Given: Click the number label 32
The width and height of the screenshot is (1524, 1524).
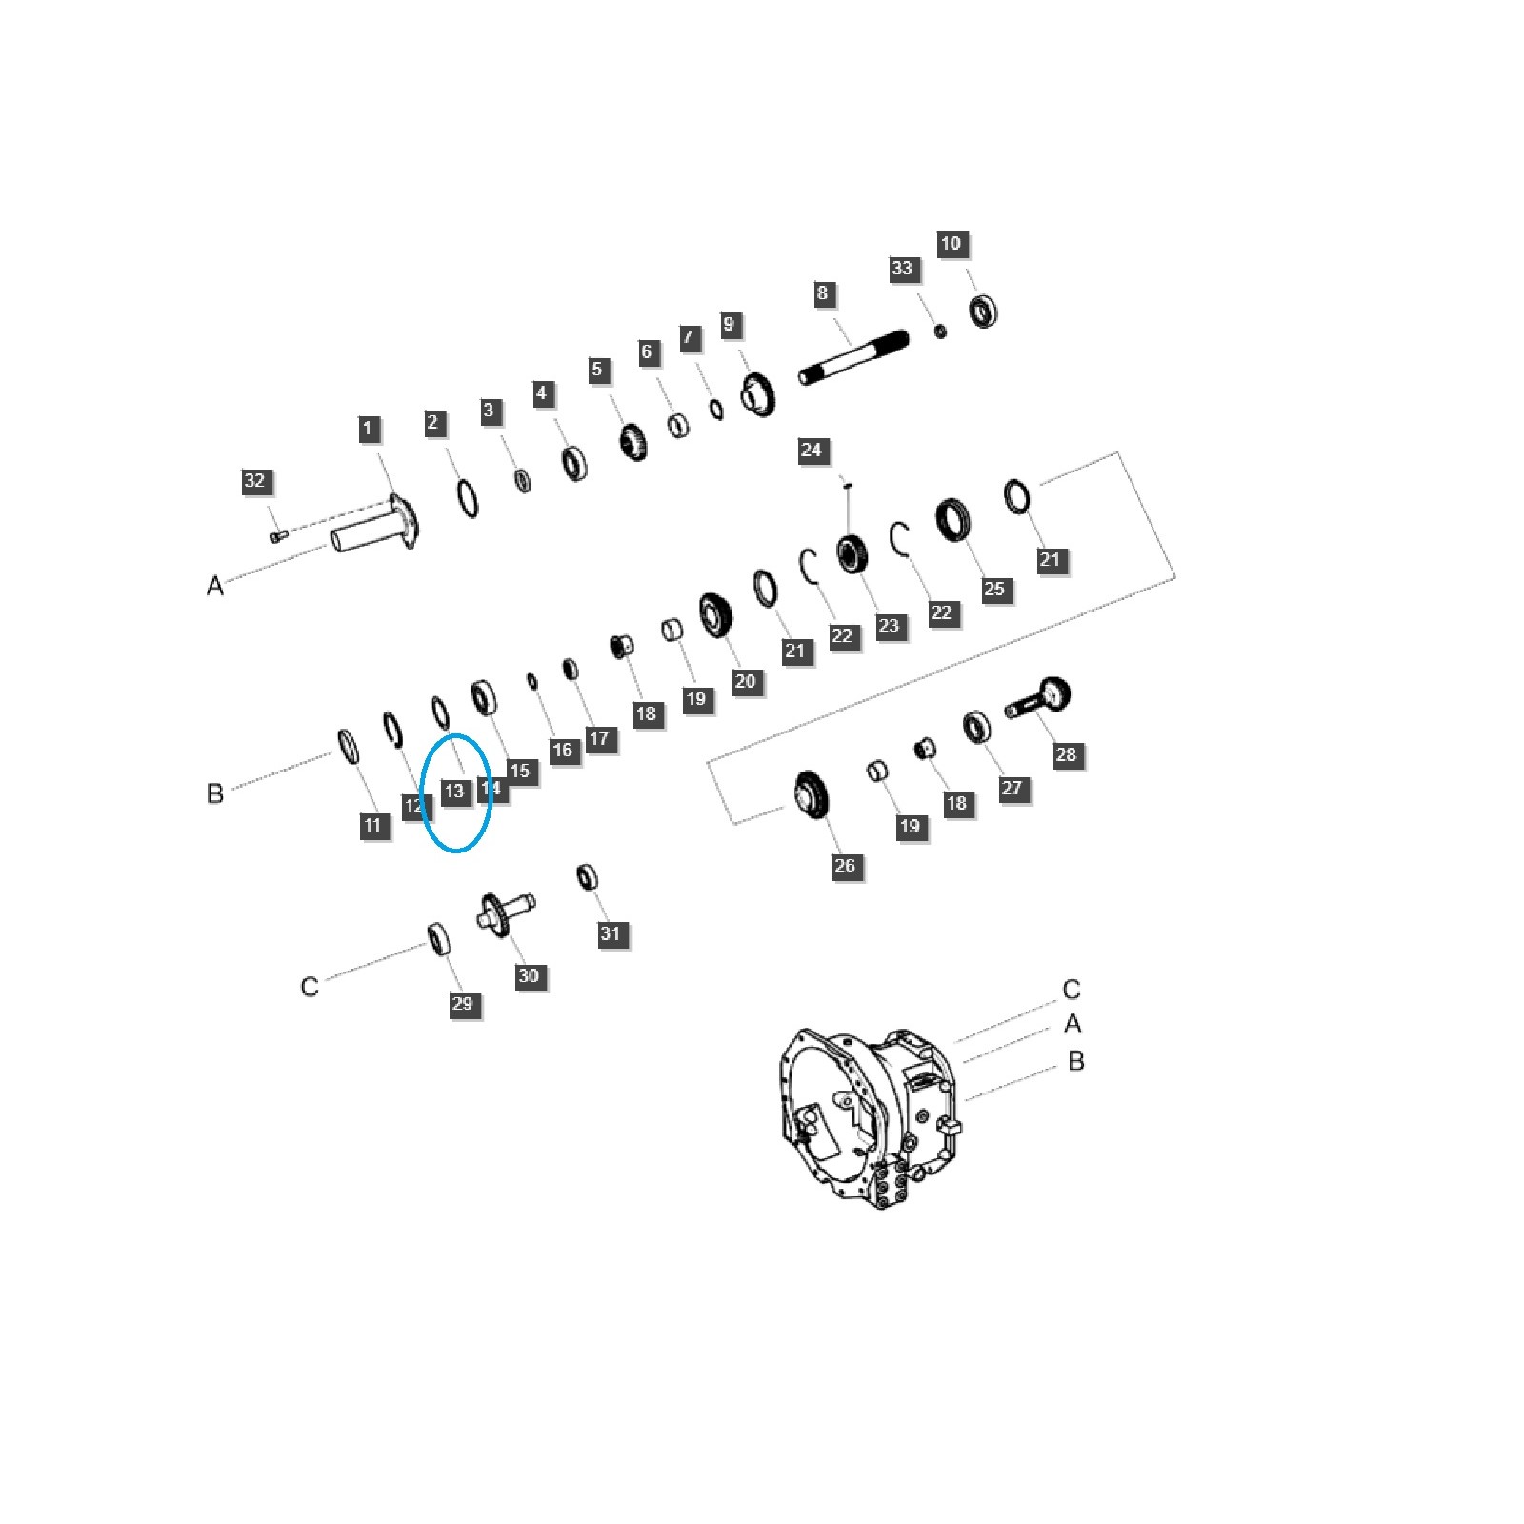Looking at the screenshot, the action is pos(254,481).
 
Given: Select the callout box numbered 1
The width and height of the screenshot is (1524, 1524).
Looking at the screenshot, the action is pos(368,429).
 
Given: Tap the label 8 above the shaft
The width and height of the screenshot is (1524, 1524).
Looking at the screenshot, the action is pos(823,293).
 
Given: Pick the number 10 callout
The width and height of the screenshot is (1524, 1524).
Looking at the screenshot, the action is pos(951,244).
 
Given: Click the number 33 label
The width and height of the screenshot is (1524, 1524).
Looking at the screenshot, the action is pos(902,270).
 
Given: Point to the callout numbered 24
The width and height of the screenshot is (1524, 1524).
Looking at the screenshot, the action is pos(811,450).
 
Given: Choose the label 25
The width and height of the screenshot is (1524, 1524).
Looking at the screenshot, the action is pos(993,589).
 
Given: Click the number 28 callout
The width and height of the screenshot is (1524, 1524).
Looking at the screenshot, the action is pos(1066,754).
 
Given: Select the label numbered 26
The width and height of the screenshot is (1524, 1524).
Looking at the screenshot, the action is pos(845,866).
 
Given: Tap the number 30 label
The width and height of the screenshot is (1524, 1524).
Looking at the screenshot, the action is pos(529,975).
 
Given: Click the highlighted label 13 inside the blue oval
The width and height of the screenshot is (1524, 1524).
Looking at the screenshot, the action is pos(454,791).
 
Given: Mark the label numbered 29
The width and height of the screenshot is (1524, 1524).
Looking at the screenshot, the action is pos(462,1003).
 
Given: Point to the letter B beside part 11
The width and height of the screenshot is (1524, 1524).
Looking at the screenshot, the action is pos(215,792).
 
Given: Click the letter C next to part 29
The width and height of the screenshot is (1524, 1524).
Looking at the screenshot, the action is pos(310,986).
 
